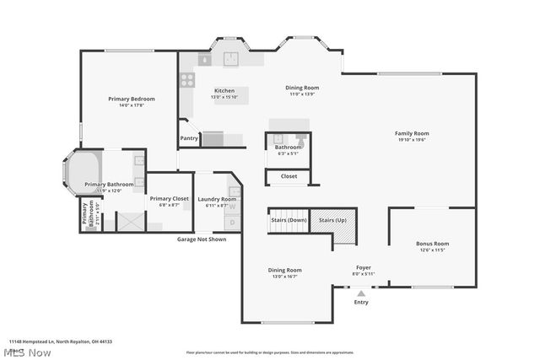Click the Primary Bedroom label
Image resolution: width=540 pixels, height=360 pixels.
coord(131,99)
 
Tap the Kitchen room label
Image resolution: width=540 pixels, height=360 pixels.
coord(224,90)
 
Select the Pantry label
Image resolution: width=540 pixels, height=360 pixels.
coord(189,138)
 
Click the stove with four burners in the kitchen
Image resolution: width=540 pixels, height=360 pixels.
coord(186,80)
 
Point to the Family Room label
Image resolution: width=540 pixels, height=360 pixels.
coord(412,133)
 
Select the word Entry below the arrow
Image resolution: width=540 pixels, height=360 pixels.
coord(361,302)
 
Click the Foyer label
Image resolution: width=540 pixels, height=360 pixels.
coord(363,267)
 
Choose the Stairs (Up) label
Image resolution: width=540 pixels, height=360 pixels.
coord(332,219)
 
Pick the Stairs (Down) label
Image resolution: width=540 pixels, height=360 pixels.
coord(289,219)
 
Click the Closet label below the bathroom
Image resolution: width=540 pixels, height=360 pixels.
coord(289,176)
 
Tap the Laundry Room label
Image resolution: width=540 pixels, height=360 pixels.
coord(217,199)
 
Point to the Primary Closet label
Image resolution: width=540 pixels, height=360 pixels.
coord(169,199)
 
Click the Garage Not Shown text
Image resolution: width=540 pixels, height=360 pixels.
coord(201,239)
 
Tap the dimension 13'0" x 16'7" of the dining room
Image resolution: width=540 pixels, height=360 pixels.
coord(283,276)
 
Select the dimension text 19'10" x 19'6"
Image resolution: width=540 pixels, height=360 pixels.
coord(412,140)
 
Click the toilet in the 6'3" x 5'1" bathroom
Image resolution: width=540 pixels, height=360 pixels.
coord(300,137)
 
